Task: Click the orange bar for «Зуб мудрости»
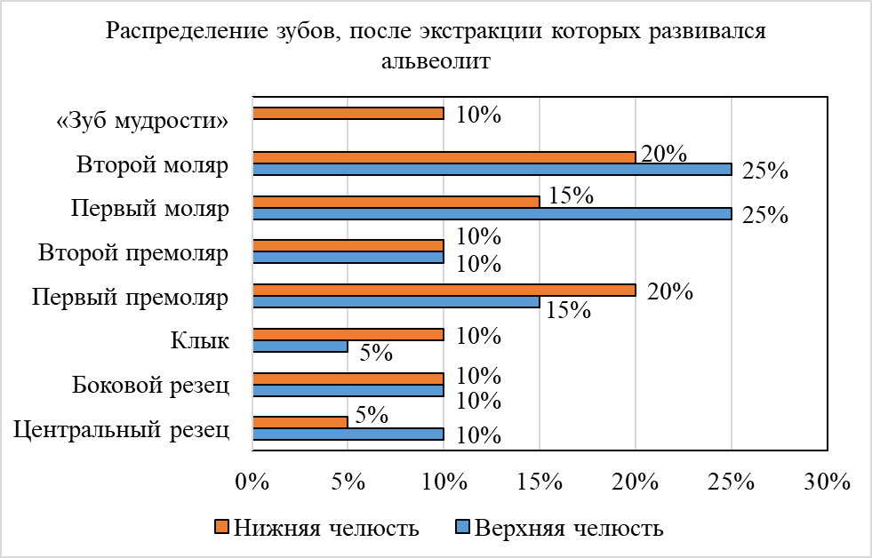[x=348, y=113]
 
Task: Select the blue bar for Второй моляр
[x=492, y=169]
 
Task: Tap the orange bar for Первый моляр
[x=396, y=202]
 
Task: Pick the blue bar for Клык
[x=300, y=347]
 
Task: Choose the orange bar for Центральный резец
[x=300, y=423]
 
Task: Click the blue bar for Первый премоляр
[x=396, y=302]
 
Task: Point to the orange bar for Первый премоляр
[x=444, y=290]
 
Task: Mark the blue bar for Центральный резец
[x=348, y=434]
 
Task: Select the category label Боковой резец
[x=151, y=386]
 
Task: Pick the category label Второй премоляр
[x=133, y=252]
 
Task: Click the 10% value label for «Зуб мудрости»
[x=479, y=115]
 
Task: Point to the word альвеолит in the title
[x=436, y=62]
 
